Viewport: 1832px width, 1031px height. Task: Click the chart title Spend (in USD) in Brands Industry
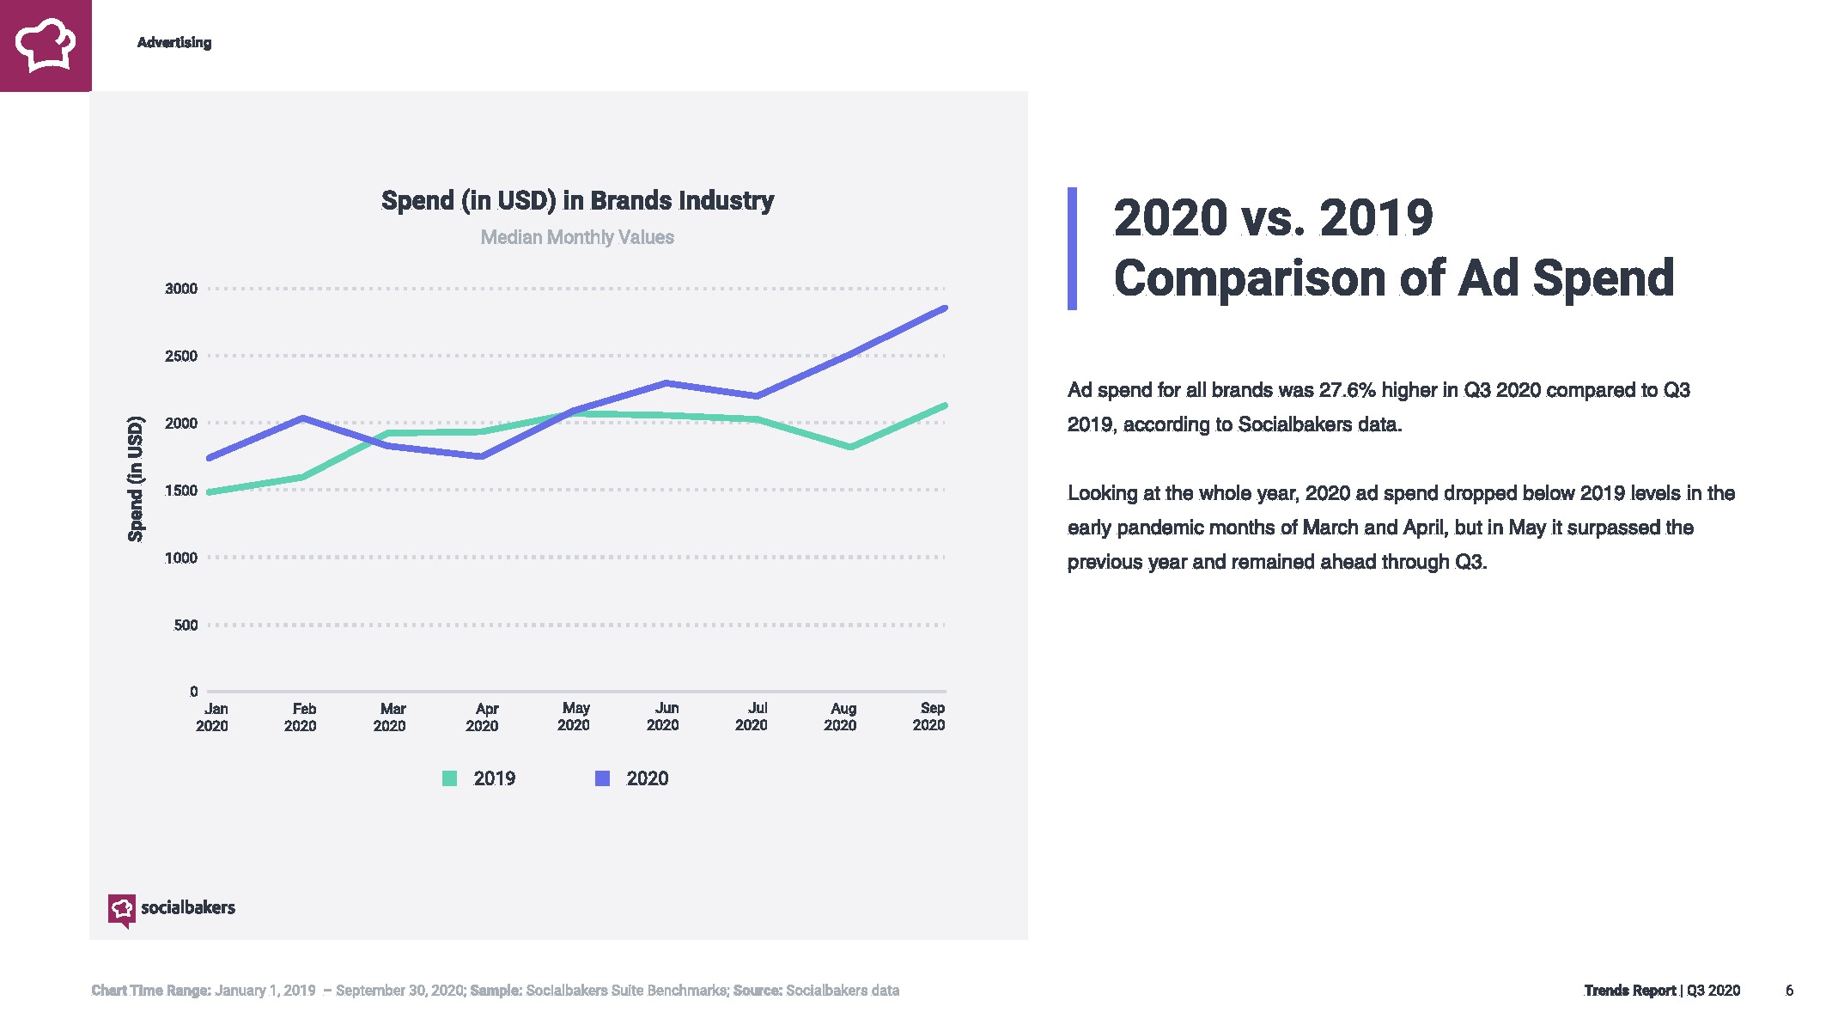click(x=577, y=200)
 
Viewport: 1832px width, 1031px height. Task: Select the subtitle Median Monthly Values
click(x=577, y=237)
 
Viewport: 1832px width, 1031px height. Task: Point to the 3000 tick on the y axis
click(x=181, y=289)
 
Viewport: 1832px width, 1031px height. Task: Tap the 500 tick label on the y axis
click(x=186, y=625)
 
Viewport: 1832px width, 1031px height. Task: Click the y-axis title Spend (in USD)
click(x=136, y=479)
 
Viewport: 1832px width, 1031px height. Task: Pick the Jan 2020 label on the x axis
click(x=213, y=717)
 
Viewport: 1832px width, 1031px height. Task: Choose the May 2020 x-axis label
click(x=574, y=717)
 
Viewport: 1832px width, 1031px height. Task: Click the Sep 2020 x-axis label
click(x=929, y=717)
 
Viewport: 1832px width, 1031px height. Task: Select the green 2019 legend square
click(x=449, y=778)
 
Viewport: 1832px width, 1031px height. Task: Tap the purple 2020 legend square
click(x=603, y=778)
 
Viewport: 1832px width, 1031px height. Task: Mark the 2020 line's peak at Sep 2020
click(x=944, y=308)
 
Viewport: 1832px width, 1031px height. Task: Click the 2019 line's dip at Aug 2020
click(x=849, y=447)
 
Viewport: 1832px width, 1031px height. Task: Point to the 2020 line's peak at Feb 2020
click(x=302, y=418)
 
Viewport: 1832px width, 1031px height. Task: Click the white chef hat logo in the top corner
click(x=46, y=45)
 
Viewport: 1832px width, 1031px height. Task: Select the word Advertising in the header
click(x=174, y=43)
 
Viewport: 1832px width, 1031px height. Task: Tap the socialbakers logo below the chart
click(x=172, y=908)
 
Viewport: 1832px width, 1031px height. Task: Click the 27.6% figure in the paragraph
click(x=1348, y=390)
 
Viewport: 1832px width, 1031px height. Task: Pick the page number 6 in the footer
click(x=1789, y=991)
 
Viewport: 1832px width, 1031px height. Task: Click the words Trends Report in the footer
click(x=1629, y=991)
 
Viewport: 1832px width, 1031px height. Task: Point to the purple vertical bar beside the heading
click(x=1072, y=248)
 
